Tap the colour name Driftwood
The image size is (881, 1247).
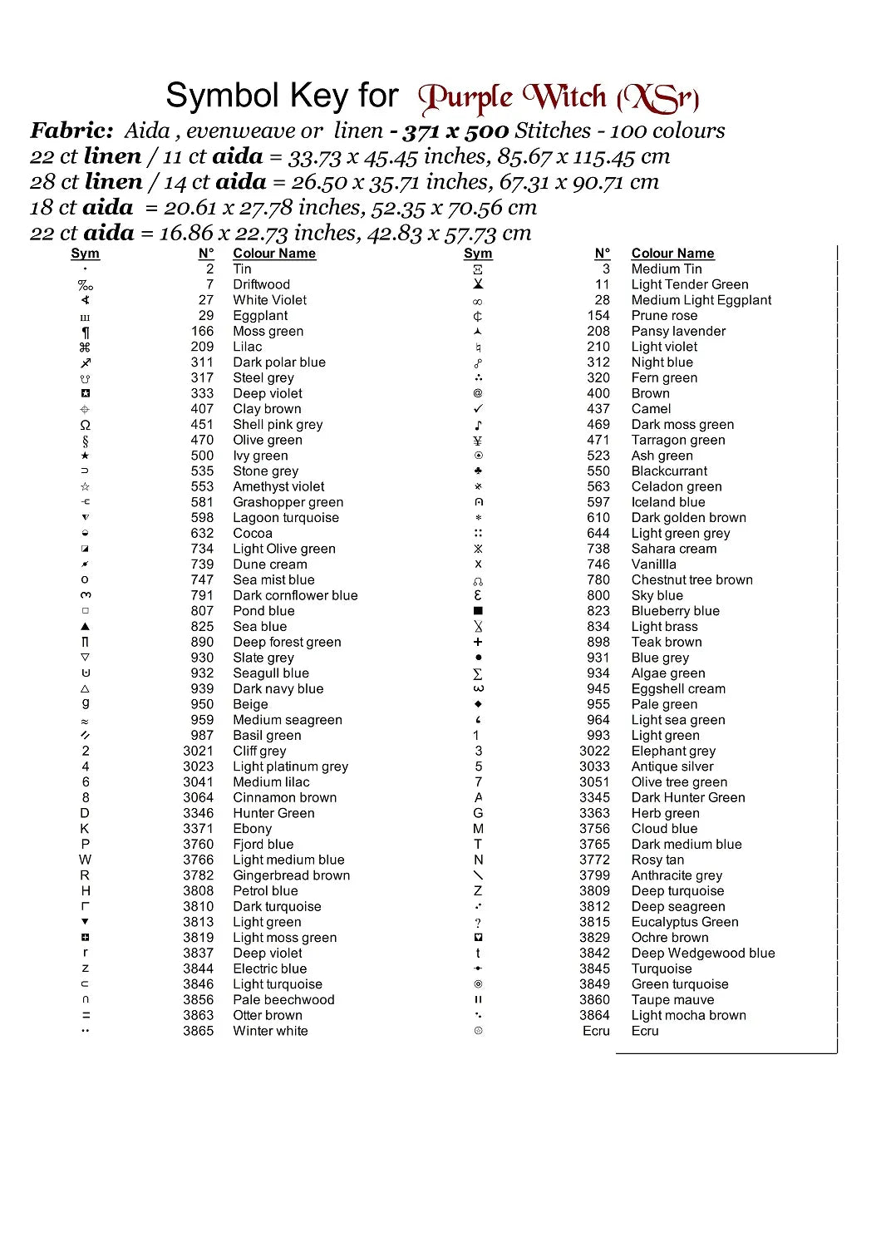pos(261,284)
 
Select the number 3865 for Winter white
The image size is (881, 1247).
pos(198,1031)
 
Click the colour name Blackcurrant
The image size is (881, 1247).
pos(669,471)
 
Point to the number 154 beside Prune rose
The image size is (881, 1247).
pos(598,316)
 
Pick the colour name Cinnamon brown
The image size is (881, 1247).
pos(284,798)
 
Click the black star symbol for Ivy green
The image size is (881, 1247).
pos(85,456)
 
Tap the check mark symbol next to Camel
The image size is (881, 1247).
pos(478,409)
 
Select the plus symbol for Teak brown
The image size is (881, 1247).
pos(478,642)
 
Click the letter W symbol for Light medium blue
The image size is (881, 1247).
pos(85,860)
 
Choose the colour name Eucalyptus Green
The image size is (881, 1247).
pos(684,922)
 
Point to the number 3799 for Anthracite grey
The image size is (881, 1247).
pos(594,875)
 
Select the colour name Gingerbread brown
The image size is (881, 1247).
pos(291,875)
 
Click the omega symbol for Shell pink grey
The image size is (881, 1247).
pos(85,425)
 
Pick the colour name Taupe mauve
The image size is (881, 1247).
pos(672,1000)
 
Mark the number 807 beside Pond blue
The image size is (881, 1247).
pos(202,611)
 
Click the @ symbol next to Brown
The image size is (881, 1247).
pos(478,393)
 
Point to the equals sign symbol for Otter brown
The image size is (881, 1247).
pos(86,1015)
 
